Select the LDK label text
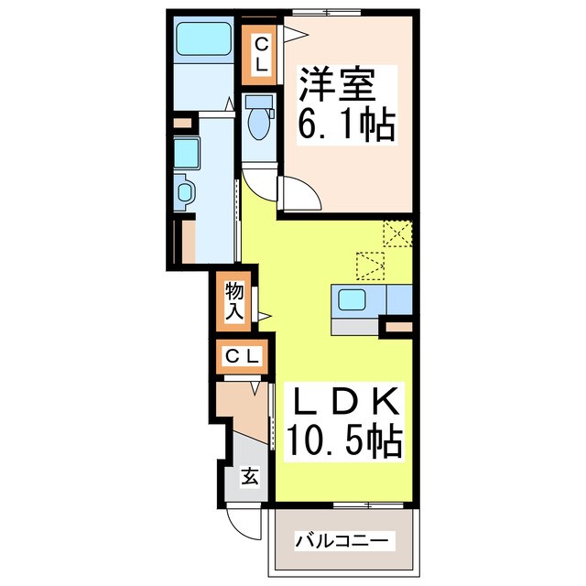pos(345,403)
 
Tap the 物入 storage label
pos(234,301)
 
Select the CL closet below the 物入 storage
pos(244,355)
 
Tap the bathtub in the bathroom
pos(203,39)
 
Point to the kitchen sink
pos(353,298)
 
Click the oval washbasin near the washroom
pos(186,193)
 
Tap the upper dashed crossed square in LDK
pos(397,234)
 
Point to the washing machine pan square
pos(187,152)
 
